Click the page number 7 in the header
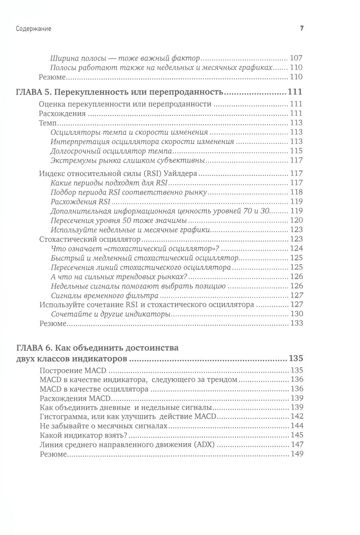point(302,28)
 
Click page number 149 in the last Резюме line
point(296,454)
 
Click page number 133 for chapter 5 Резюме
point(296,323)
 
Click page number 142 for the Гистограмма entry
point(296,416)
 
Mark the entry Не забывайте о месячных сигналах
point(104,425)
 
